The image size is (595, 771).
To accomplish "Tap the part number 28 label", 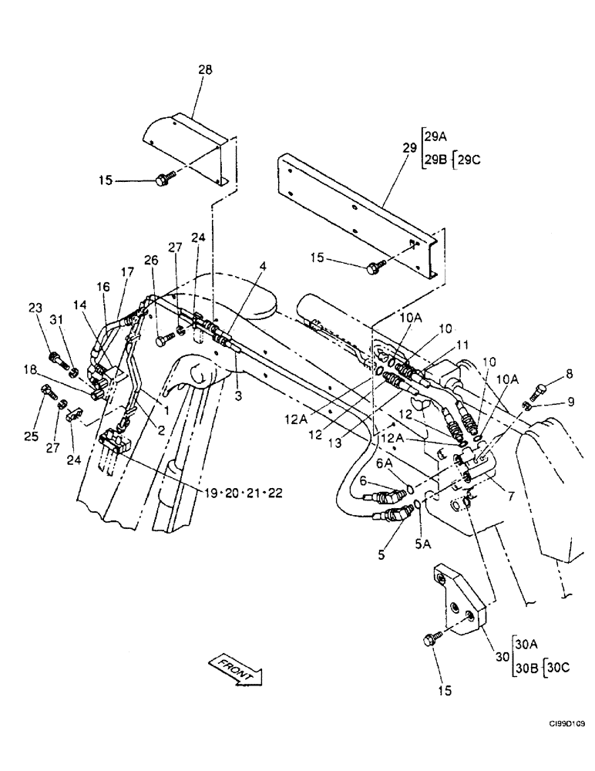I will click(205, 69).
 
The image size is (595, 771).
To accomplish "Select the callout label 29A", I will click(435, 136).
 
